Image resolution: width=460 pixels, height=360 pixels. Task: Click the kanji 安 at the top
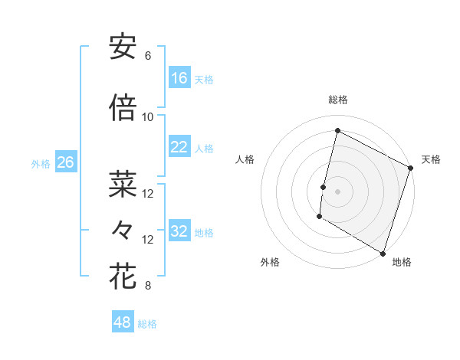(x=123, y=47)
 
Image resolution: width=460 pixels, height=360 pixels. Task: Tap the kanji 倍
(x=123, y=108)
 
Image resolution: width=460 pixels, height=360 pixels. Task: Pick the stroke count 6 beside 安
(x=148, y=56)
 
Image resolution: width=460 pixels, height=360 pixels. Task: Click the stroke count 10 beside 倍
(x=148, y=117)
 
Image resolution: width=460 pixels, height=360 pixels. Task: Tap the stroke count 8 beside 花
(x=148, y=286)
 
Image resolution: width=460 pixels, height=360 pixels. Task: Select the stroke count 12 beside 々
(x=148, y=240)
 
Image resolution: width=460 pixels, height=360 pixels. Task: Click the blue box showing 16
(x=179, y=78)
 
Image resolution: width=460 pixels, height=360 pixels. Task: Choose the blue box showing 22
(x=179, y=147)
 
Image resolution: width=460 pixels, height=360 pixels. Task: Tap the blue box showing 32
(x=179, y=232)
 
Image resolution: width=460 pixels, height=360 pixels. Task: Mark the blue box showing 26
(x=65, y=162)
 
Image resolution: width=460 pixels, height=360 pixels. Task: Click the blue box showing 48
(x=123, y=322)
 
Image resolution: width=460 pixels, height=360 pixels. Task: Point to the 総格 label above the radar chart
(x=338, y=100)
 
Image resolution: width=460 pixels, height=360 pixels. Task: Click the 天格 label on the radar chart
(x=431, y=159)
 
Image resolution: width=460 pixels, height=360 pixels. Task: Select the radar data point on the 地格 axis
(x=383, y=253)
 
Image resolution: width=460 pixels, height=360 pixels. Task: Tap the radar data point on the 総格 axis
(x=337, y=131)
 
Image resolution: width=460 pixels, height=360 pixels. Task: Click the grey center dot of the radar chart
(x=337, y=191)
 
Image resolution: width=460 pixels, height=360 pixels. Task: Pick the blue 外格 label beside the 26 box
(x=40, y=163)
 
